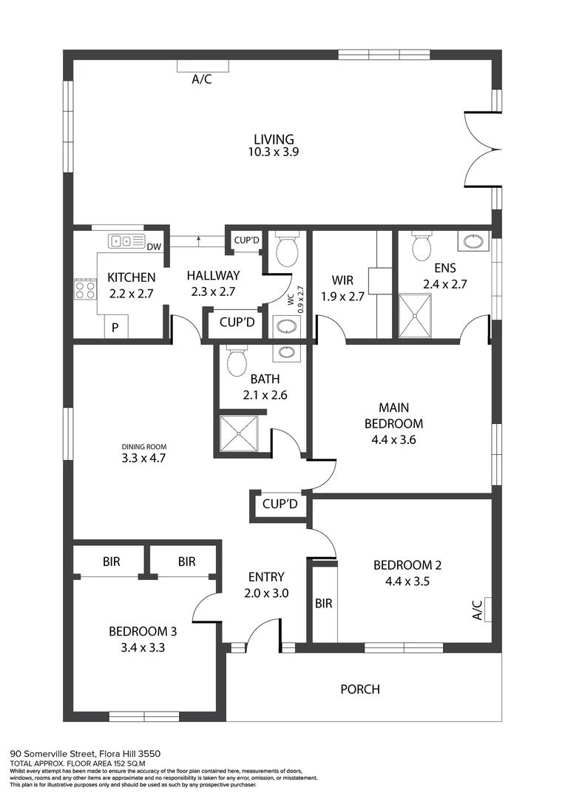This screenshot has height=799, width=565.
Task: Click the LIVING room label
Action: [x=274, y=139]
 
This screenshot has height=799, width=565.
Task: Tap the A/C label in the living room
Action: [x=202, y=79]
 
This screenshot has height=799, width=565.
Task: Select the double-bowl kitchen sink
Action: [x=126, y=241]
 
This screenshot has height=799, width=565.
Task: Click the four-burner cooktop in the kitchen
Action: [x=85, y=289]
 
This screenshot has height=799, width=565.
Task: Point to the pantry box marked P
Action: [x=115, y=327]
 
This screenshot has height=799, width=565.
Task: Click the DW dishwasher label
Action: [x=154, y=247]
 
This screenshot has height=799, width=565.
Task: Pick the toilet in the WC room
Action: [x=286, y=250]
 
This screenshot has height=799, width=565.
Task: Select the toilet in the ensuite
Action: [x=422, y=247]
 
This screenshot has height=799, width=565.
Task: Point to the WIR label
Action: [x=342, y=281]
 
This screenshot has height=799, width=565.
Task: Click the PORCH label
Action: [x=360, y=690]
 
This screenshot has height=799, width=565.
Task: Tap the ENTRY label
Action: [x=265, y=577]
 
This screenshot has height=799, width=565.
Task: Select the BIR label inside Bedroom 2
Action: [x=323, y=604]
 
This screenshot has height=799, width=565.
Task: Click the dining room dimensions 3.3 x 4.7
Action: [x=143, y=459]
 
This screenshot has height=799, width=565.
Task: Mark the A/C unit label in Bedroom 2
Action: [x=477, y=610]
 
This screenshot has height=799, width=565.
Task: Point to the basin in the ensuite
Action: [x=473, y=241]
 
